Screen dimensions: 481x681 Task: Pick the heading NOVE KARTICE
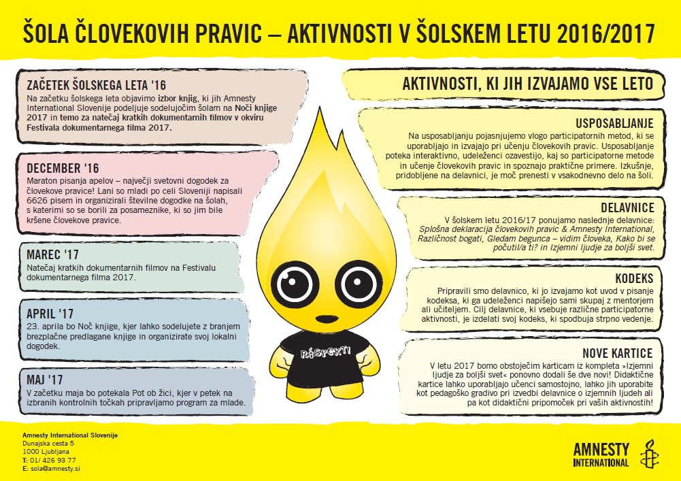tap(617, 353)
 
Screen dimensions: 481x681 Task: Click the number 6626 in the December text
tap(42, 202)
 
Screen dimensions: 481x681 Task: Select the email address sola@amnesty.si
tap(54, 469)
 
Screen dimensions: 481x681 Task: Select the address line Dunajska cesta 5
tap(48, 443)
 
